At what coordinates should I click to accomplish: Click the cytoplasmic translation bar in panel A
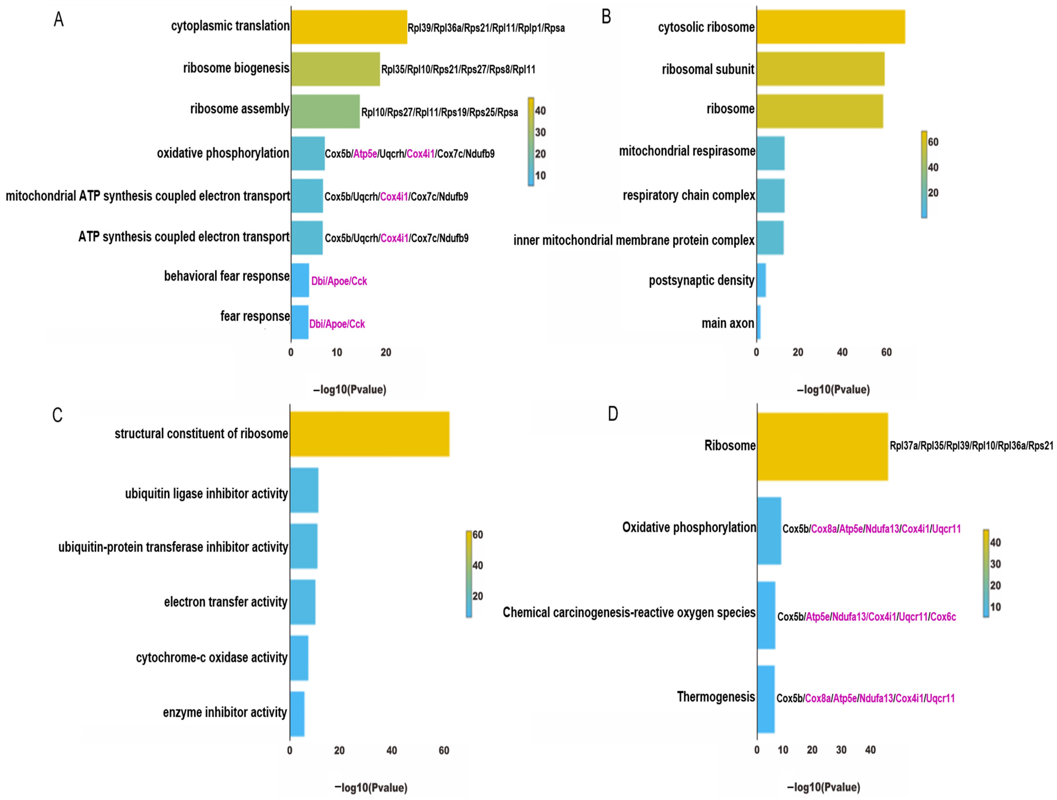click(349, 27)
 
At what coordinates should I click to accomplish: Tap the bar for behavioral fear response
click(300, 280)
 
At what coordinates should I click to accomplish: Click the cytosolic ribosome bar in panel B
click(831, 27)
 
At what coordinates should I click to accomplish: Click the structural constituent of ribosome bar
click(369, 434)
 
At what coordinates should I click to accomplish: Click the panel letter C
click(57, 415)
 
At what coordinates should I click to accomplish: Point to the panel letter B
click(606, 17)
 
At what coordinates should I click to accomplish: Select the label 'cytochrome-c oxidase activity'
click(212, 658)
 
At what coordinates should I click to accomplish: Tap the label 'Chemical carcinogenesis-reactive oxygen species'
click(629, 613)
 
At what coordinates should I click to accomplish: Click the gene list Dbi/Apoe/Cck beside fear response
click(337, 324)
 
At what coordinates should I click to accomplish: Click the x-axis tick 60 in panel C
click(443, 750)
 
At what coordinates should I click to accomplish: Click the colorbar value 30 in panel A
click(540, 132)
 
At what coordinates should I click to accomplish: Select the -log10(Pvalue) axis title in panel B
click(833, 389)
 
